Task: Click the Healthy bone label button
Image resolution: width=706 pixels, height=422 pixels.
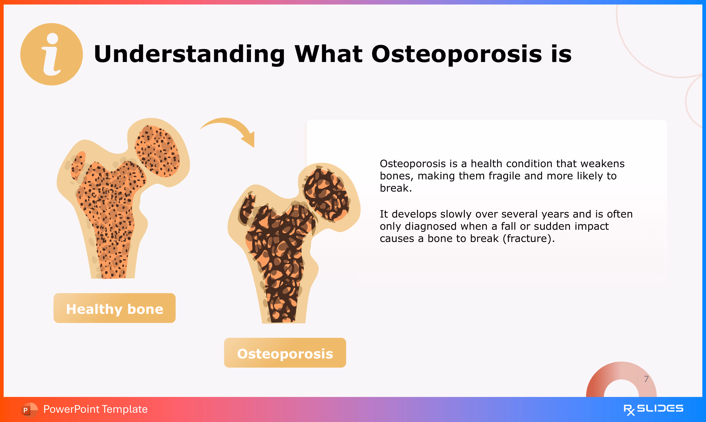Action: (x=114, y=308)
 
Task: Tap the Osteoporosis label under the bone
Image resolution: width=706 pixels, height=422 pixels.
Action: (x=285, y=353)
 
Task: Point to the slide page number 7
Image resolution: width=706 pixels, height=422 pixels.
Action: (x=646, y=379)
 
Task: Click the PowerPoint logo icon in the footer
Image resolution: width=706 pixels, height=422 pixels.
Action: (x=29, y=409)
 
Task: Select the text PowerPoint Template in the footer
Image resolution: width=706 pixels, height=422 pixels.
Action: (x=95, y=409)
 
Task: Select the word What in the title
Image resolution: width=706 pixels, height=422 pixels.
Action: (x=328, y=54)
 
